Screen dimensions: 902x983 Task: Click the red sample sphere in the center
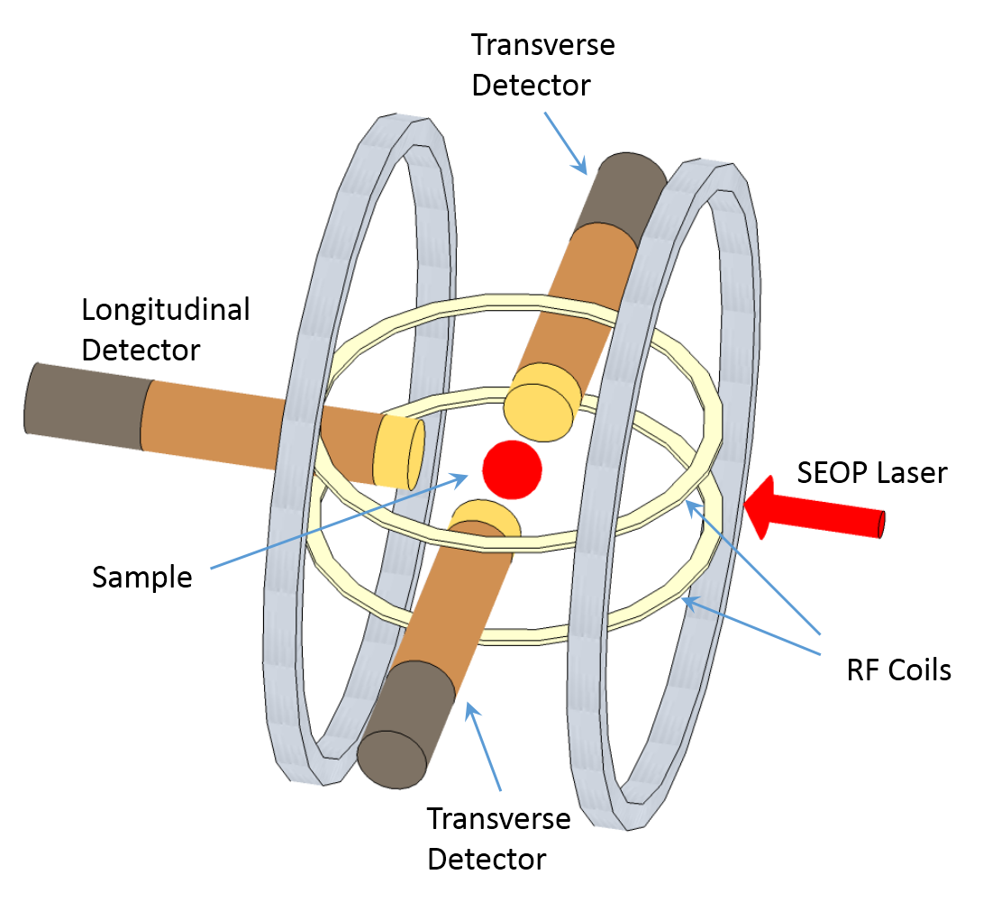tap(512, 469)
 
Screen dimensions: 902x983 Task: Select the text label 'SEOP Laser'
tap(871, 471)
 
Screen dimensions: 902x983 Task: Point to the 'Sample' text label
tap(142, 577)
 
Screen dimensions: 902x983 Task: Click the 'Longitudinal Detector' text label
tap(165, 329)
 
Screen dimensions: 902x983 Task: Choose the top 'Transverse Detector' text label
tap(543, 65)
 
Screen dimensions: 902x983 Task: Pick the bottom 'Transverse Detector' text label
tap(498, 839)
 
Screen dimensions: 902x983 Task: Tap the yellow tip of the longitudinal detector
tap(401, 452)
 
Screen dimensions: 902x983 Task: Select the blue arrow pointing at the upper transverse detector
tap(565, 141)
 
